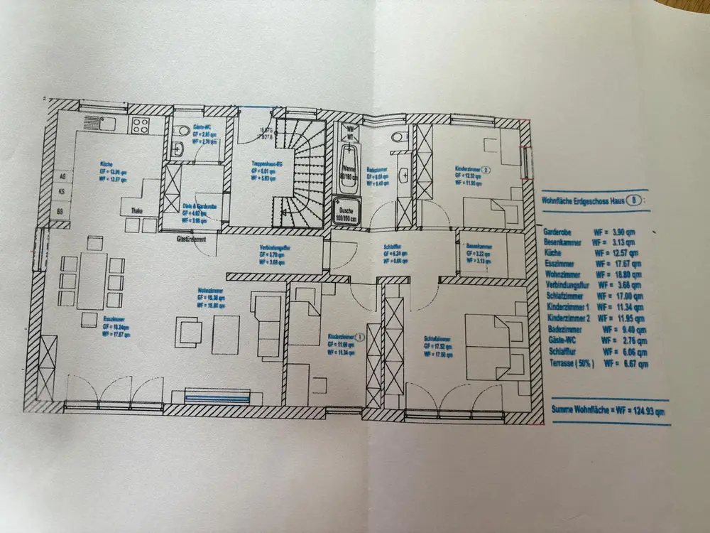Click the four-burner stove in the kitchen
(x=140, y=125)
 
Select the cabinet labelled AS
(x=62, y=176)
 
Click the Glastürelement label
(x=192, y=240)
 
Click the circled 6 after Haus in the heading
(x=634, y=200)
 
